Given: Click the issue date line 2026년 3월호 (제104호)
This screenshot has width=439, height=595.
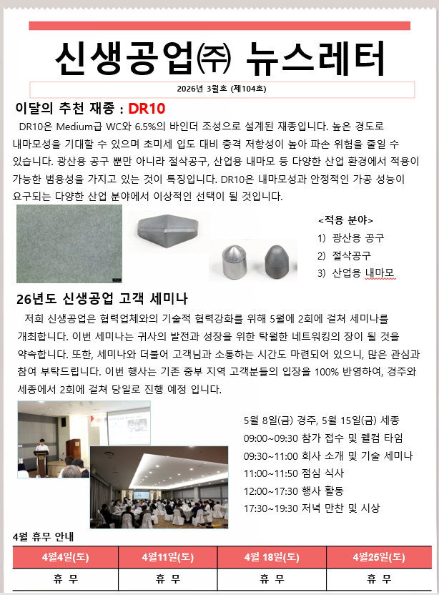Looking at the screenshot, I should coord(222,89).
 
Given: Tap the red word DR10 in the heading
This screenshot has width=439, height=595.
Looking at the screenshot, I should coord(147,109).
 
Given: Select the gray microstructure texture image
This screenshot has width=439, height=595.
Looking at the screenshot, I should coord(69,243).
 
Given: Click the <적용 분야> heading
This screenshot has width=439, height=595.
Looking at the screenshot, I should coord(345,220).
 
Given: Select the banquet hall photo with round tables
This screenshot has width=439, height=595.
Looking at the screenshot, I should coord(159,488).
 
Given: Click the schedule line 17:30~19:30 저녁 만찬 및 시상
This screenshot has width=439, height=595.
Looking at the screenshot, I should coord(312,508).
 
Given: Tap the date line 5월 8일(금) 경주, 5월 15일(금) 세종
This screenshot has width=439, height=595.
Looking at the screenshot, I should coord(321,420).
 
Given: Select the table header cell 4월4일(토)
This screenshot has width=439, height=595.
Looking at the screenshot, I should coord(66,556).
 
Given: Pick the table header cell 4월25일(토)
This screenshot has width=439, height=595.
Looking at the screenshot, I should coord(379,556).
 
